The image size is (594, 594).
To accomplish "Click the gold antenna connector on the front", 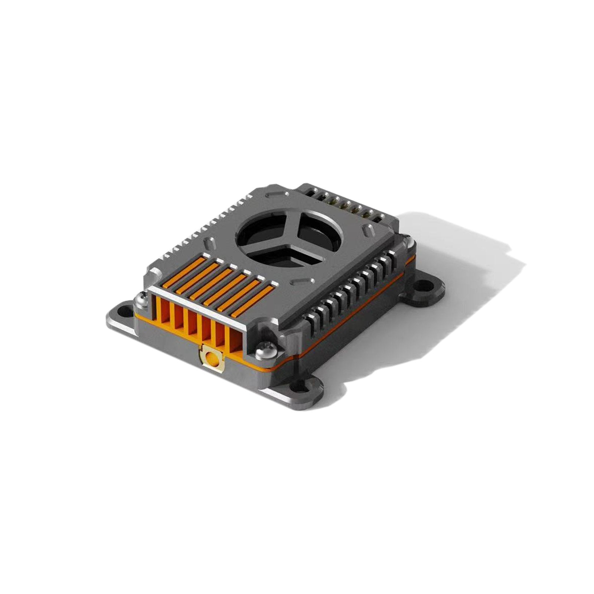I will (x=212, y=358).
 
